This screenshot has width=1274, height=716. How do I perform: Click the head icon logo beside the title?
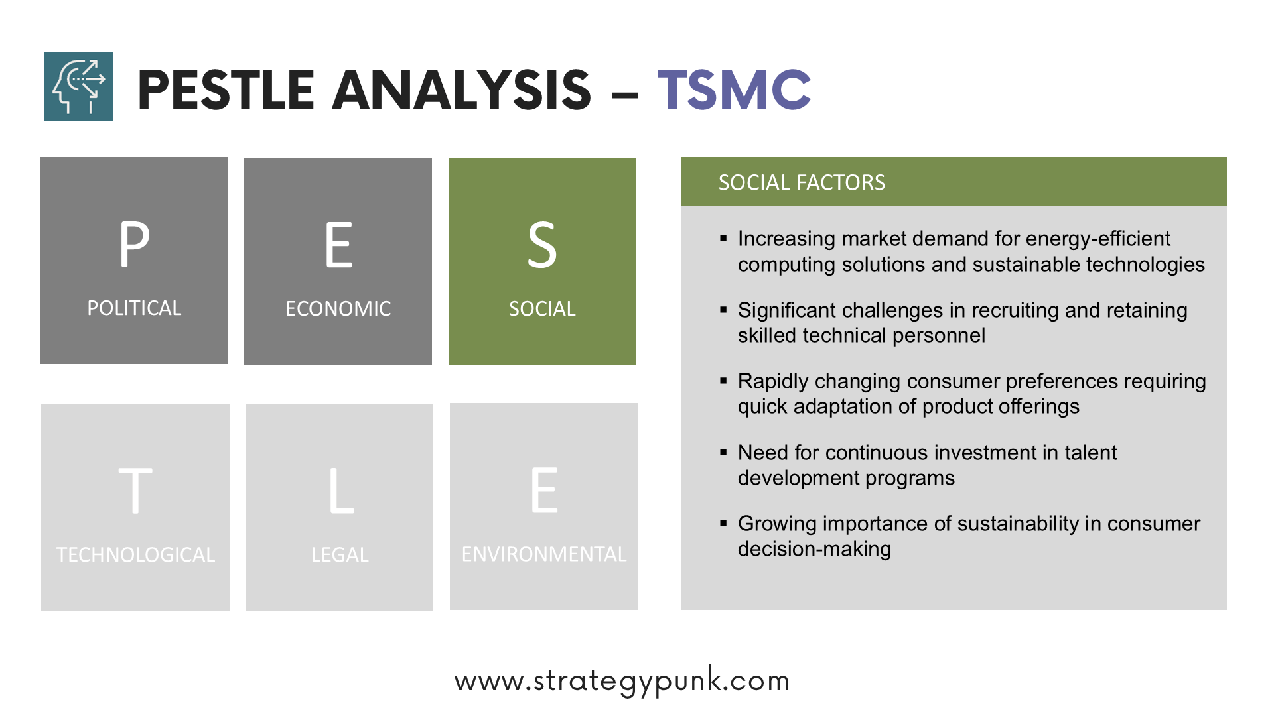tap(78, 87)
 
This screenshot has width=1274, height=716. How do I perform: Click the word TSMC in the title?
tap(735, 89)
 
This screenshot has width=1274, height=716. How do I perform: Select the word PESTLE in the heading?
tap(226, 89)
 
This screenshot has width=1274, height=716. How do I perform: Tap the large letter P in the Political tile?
tap(134, 244)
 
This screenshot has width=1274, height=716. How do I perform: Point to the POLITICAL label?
tap(134, 308)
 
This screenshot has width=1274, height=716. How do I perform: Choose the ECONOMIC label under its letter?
tap(338, 309)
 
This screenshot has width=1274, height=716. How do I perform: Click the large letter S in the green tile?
tap(542, 245)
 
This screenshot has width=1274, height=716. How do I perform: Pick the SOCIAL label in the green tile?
tap(542, 309)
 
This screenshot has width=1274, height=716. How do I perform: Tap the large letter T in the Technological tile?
tap(135, 491)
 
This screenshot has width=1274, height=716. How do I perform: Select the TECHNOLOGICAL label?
tap(135, 555)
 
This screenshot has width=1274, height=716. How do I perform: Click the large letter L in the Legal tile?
tap(341, 491)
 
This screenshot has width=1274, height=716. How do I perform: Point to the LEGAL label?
tap(340, 555)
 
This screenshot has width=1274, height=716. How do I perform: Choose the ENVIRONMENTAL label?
tap(544, 554)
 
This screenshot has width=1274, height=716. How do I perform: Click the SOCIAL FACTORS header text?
tap(802, 182)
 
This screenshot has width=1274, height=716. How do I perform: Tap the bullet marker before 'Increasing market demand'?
tap(723, 238)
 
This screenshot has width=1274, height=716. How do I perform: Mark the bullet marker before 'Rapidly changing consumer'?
tap(723, 381)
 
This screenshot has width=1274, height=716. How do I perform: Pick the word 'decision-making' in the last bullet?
tap(814, 549)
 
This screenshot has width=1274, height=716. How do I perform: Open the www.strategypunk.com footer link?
tap(622, 681)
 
